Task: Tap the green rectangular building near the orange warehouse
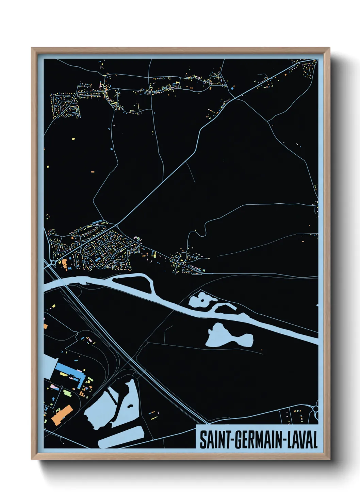67,393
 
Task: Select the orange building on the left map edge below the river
45,326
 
